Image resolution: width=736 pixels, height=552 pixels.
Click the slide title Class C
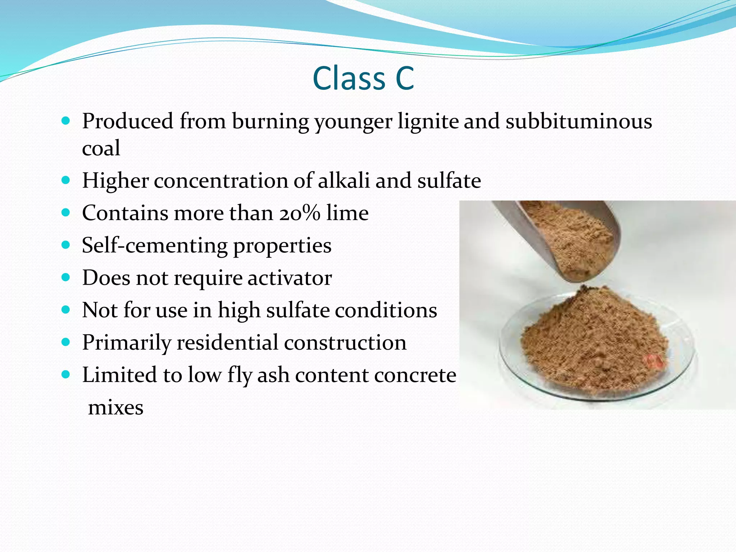[363, 78]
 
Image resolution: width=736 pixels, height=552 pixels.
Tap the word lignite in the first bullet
[428, 121]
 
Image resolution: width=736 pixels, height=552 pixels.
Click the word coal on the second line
[101, 148]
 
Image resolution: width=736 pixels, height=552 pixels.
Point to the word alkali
[344, 180]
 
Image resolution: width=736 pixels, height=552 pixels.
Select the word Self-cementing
[155, 246]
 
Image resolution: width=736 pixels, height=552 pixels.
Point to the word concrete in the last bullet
[415, 375]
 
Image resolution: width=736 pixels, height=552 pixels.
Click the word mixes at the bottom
[116, 408]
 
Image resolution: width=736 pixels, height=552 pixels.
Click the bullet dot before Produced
[65, 121]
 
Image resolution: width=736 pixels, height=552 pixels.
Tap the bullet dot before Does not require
[65, 277]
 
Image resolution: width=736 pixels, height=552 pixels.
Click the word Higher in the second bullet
[115, 180]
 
